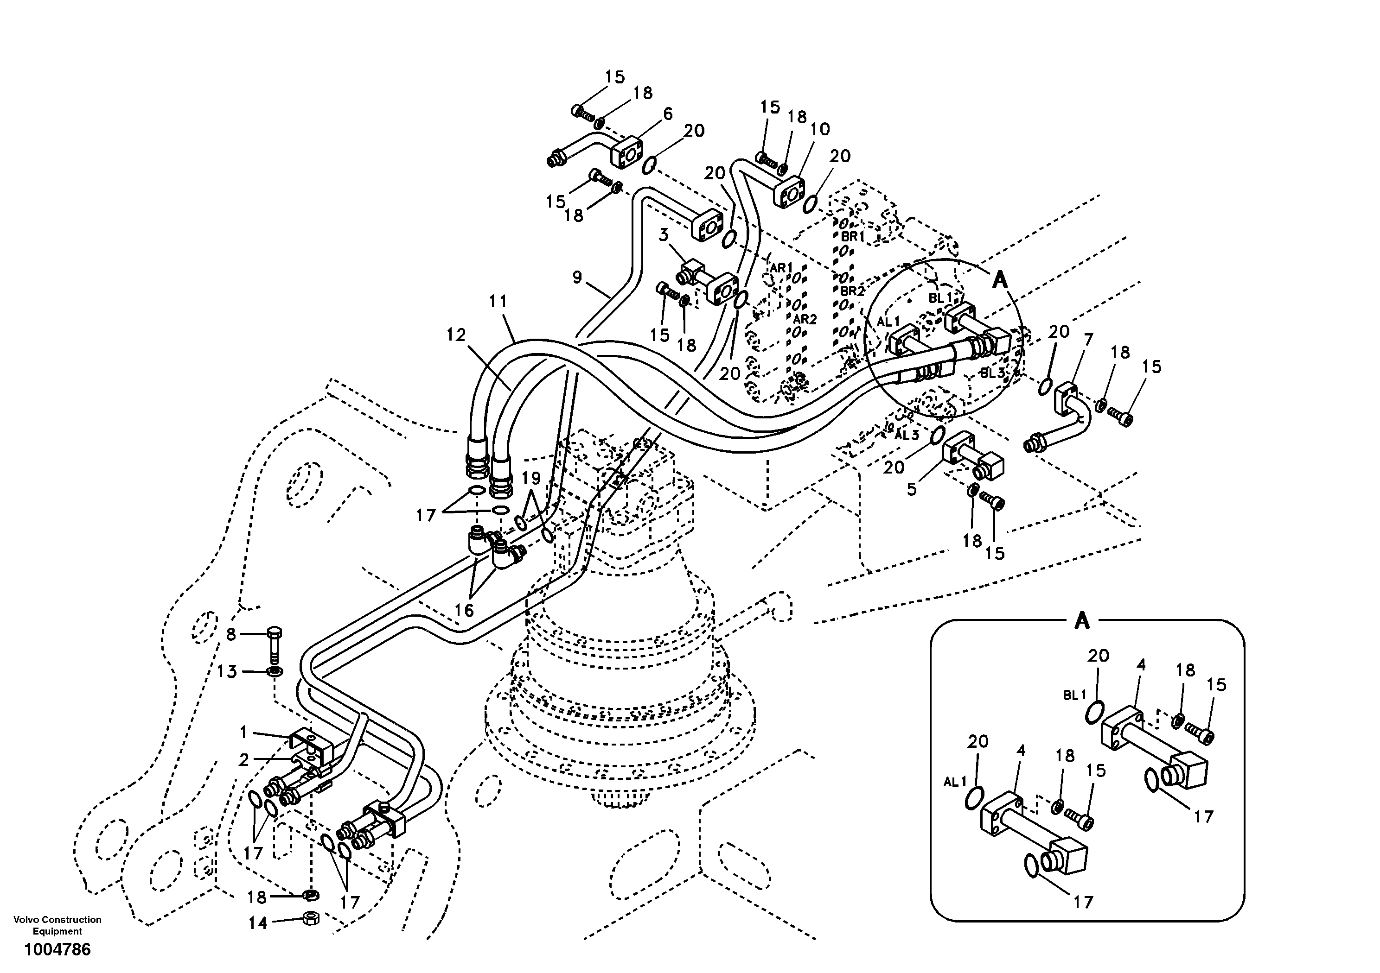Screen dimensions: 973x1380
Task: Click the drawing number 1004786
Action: tap(57, 949)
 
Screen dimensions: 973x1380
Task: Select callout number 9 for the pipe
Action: tap(577, 278)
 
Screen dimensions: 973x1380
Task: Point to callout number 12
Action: tap(456, 335)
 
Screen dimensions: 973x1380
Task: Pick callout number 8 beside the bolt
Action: tap(231, 634)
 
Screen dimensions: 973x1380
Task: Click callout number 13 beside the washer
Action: tap(227, 671)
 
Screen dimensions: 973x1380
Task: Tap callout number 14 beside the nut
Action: tap(257, 922)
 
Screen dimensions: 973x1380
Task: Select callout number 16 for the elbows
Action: tap(465, 610)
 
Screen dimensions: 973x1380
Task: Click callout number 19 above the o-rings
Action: tap(531, 479)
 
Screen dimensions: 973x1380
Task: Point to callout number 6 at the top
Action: tap(668, 114)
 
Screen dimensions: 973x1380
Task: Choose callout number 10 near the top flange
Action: tap(820, 129)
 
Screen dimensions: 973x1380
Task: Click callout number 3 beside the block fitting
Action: tap(663, 235)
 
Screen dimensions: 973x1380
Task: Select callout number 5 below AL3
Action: tap(912, 489)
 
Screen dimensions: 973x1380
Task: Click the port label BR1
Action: tap(852, 237)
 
